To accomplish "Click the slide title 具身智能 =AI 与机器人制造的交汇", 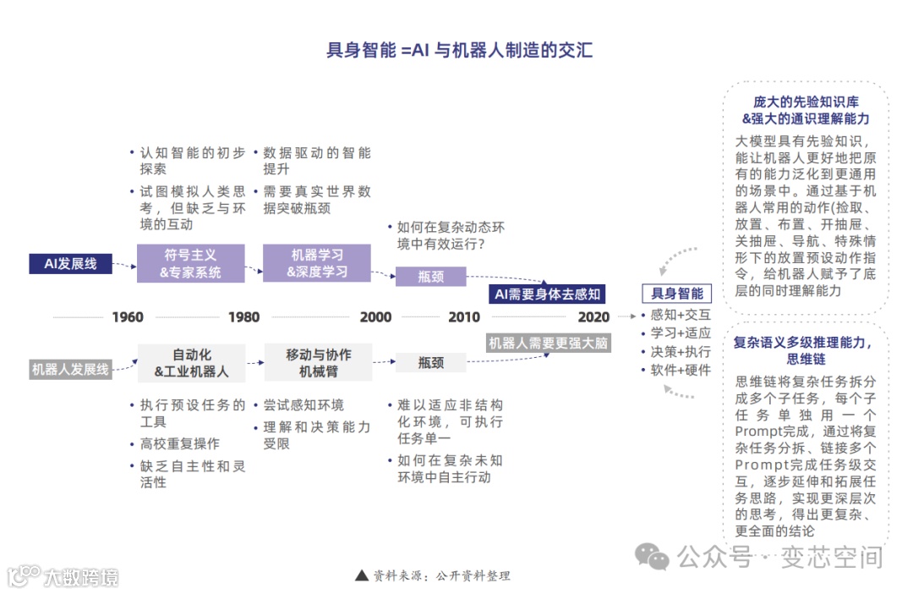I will (459, 49).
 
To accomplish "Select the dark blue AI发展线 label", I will (71, 263).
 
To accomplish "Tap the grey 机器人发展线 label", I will (71, 369).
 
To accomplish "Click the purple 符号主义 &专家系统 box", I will (190, 263).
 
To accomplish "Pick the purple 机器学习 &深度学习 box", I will (316, 263).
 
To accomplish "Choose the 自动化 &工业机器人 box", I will (191, 363).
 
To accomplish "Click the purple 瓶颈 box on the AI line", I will (430, 276).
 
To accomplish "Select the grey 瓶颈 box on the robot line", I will (430, 362).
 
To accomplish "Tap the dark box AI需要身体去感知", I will (547, 294).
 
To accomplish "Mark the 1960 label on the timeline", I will (128, 317).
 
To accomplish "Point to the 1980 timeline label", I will (243, 317).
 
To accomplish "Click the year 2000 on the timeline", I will (375, 317).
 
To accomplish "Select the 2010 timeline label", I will (463, 317).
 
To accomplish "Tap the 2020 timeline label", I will (593, 317).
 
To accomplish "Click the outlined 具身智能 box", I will (677, 294).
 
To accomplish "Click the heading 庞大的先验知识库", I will (806, 102).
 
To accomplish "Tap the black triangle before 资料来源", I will (362, 575).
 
